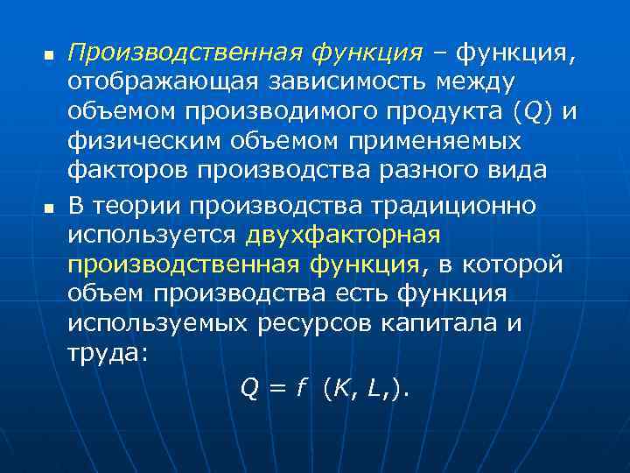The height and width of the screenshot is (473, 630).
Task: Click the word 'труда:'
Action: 108,355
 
